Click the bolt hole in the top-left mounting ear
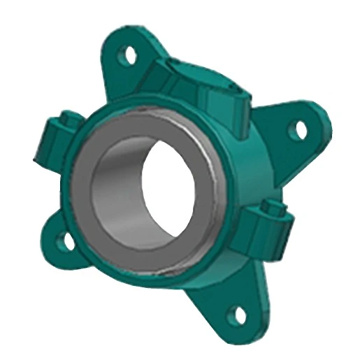tap(129, 52)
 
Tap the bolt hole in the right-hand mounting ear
tap(301, 129)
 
